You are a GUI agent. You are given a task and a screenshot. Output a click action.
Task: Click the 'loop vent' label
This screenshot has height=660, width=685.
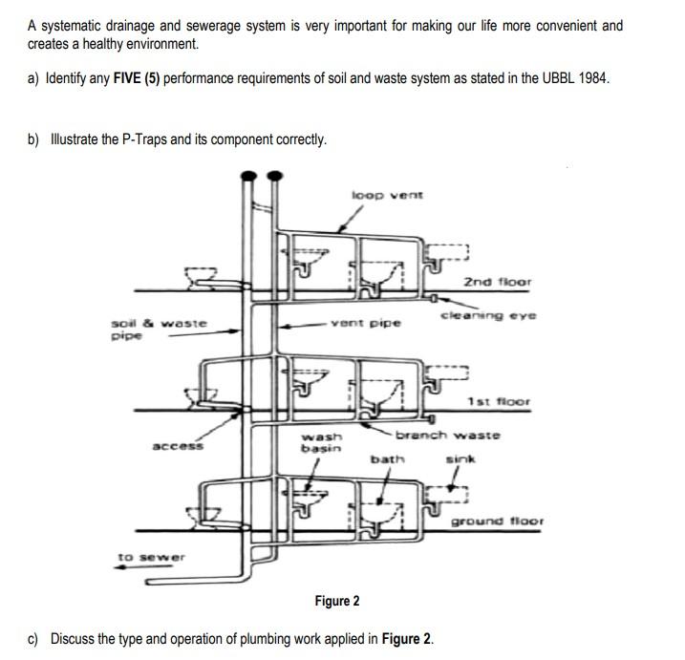(388, 195)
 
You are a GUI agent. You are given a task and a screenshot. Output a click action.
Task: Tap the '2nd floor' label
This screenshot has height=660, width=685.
(497, 282)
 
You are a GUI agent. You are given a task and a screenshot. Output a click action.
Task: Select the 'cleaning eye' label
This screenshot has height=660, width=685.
(488, 314)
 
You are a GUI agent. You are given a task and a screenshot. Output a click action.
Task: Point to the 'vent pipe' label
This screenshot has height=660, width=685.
(366, 323)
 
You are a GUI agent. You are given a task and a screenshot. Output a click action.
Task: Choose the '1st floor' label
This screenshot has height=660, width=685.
(499, 402)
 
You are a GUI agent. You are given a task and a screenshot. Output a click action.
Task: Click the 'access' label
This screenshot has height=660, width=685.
(177, 445)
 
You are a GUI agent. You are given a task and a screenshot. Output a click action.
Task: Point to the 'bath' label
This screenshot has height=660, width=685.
(388, 459)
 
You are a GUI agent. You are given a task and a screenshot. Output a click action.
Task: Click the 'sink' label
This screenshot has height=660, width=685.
(460, 459)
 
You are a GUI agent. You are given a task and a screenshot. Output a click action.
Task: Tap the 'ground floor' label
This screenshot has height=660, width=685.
(497, 522)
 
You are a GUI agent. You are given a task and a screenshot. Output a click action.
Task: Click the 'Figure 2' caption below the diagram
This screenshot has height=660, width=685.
(337, 601)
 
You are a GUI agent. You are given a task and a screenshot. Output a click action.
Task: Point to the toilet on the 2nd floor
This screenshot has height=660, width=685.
(199, 277)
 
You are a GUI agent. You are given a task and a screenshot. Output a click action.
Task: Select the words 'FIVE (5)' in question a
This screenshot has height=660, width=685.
(130, 77)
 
